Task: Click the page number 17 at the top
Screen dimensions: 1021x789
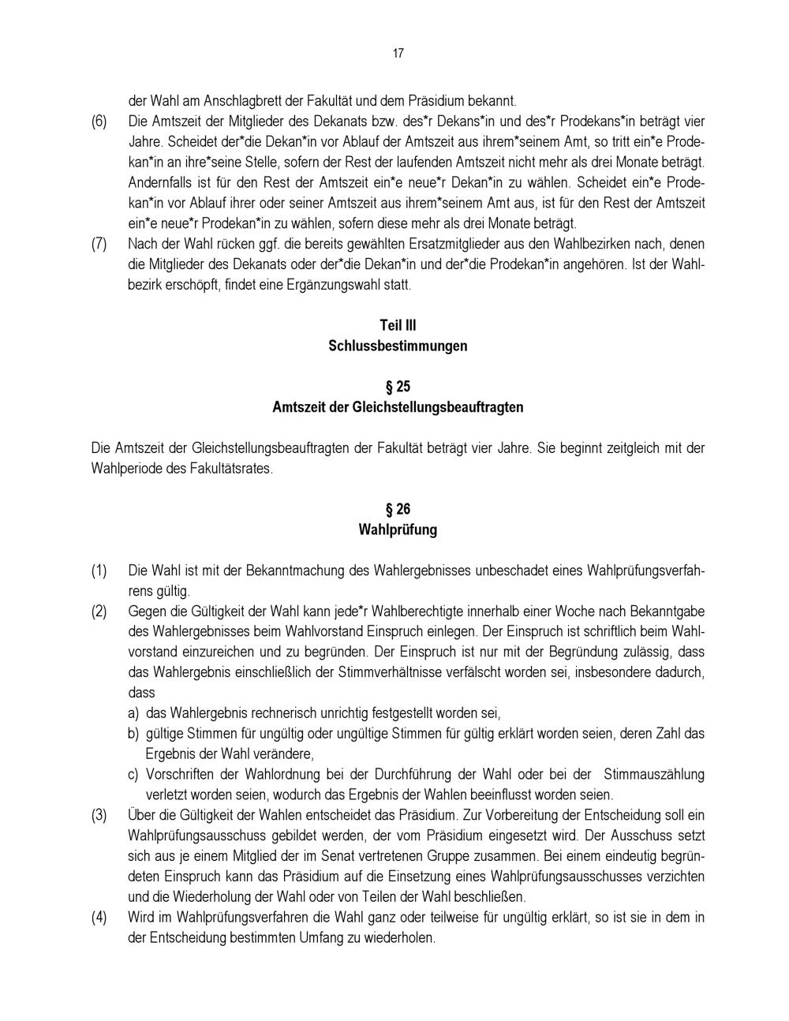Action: [x=398, y=54]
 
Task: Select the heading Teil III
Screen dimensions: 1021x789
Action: [x=398, y=325]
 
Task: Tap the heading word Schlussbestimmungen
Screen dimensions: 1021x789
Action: [x=398, y=346]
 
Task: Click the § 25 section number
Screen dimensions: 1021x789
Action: [x=398, y=387]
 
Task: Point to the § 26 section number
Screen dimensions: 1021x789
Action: [x=398, y=509]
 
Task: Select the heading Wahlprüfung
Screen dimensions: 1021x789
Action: [x=398, y=529]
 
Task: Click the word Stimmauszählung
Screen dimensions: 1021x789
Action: [x=653, y=774]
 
